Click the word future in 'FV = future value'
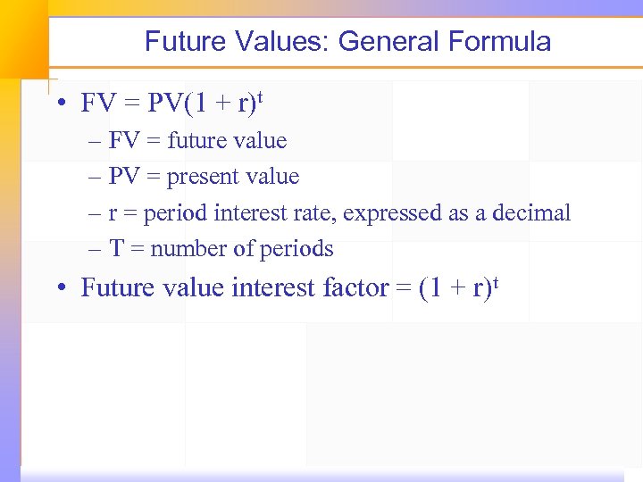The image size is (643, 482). point(197,141)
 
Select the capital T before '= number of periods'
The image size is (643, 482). point(116,249)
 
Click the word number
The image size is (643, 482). point(188,249)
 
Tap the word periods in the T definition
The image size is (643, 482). point(296,250)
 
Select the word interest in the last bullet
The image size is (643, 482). point(274,288)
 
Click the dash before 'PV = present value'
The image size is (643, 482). point(95,178)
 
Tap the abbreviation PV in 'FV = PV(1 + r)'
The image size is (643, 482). point(165,104)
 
